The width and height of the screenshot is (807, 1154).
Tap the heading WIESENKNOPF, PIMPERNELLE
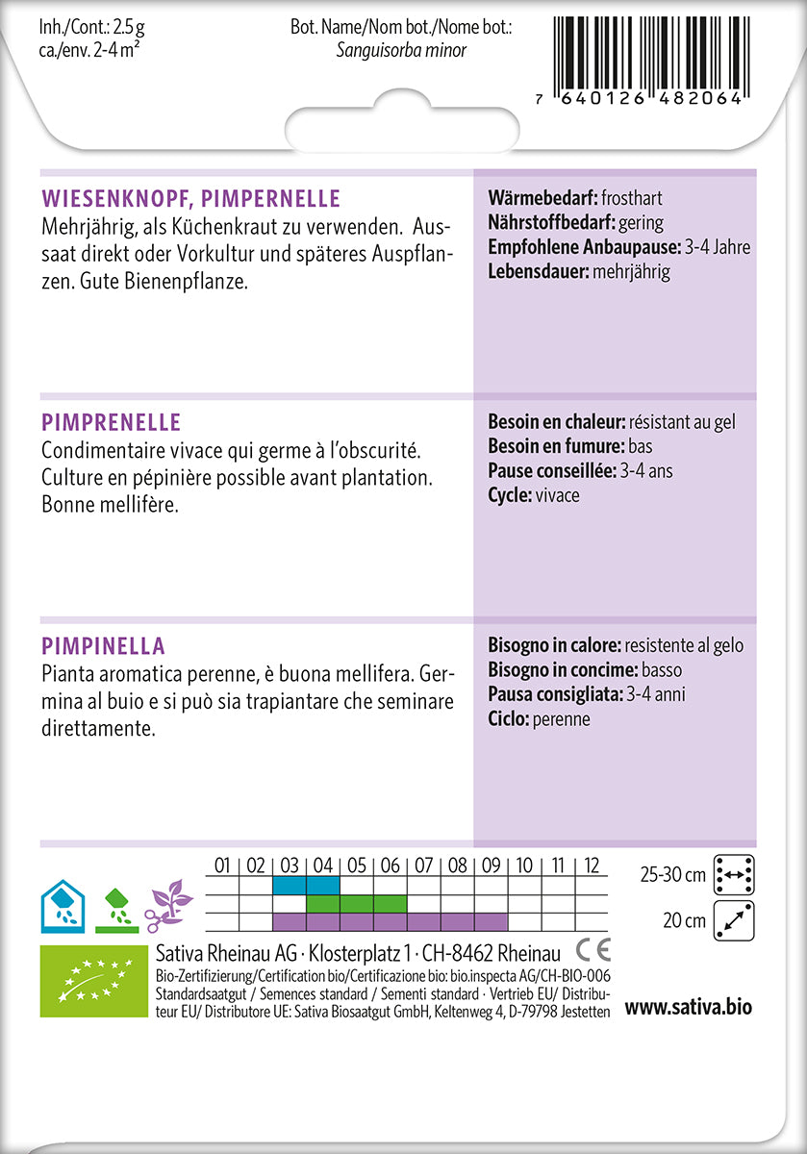pyautogui.click(x=191, y=199)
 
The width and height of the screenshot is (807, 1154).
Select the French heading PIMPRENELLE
pyautogui.click(x=112, y=423)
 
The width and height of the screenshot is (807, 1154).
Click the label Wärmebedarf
pyautogui.click(x=542, y=198)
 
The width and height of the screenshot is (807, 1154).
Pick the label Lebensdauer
pyautogui.click(x=538, y=271)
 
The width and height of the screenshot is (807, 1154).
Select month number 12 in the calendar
pyautogui.click(x=592, y=865)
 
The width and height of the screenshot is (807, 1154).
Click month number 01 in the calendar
pyautogui.click(x=222, y=865)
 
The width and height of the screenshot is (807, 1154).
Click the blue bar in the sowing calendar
pyautogui.click(x=306, y=885)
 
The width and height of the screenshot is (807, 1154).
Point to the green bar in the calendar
pyautogui.click(x=357, y=904)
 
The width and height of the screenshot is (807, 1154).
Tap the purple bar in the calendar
pyautogui.click(x=390, y=922)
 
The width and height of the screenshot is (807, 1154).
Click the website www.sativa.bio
pyautogui.click(x=688, y=1008)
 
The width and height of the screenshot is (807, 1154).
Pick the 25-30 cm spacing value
pyautogui.click(x=672, y=874)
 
